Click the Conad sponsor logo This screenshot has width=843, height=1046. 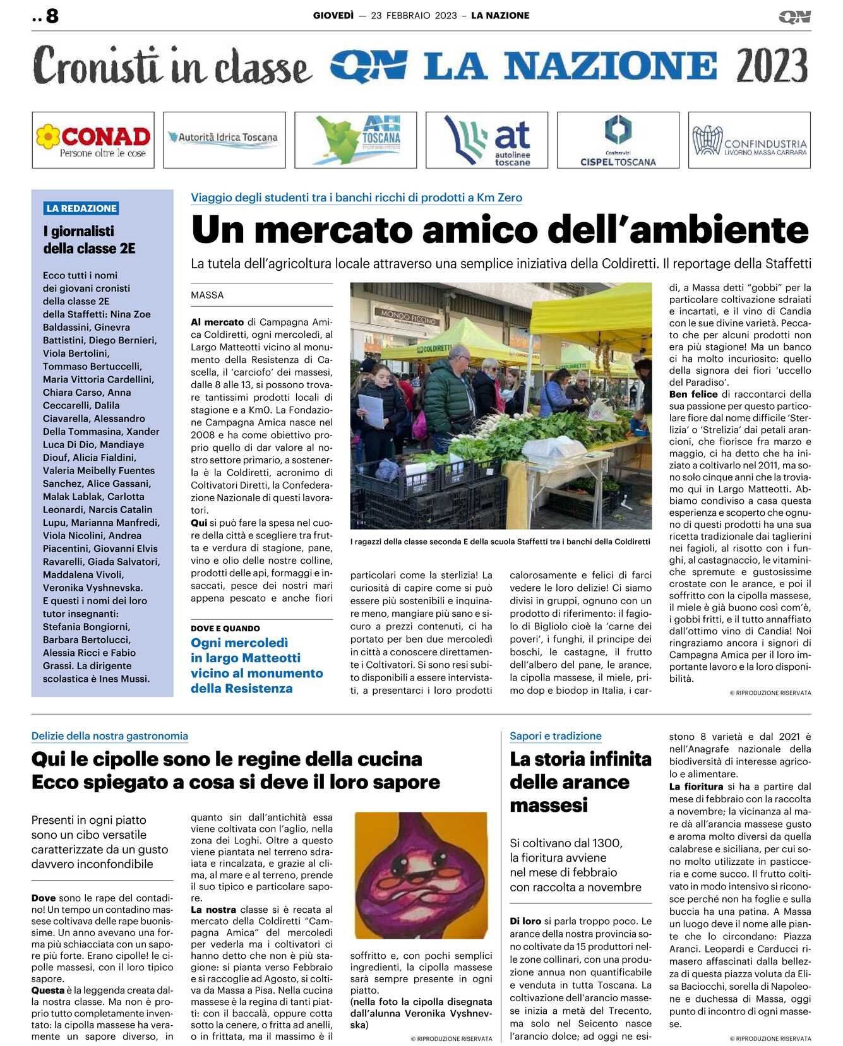pyautogui.click(x=93, y=140)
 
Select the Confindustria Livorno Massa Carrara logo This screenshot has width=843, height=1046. pyautogui.click(x=749, y=140)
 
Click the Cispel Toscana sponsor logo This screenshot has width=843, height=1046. pyautogui.click(x=618, y=140)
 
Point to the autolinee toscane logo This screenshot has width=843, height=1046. pyautogui.click(x=487, y=140)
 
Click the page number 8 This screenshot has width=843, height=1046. pyautogui.click(x=52, y=16)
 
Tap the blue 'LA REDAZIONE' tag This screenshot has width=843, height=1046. pyautogui.click(x=81, y=208)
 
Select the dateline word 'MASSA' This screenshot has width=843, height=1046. pyautogui.click(x=207, y=295)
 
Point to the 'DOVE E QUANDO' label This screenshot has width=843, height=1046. pyautogui.click(x=225, y=628)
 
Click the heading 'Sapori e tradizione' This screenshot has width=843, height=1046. pyautogui.click(x=556, y=736)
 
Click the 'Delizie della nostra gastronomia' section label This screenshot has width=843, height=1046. pyautogui.click(x=110, y=736)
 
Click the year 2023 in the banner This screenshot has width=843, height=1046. pyautogui.click(x=771, y=66)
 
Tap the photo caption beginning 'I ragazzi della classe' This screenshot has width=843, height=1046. pyautogui.click(x=499, y=542)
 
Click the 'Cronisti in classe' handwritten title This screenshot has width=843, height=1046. pyautogui.click(x=172, y=66)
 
